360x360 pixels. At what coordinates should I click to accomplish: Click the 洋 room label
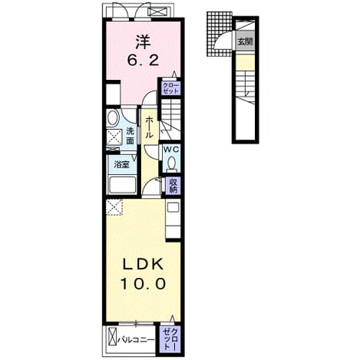pos(143,42)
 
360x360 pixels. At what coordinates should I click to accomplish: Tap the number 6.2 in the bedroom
pos(143,61)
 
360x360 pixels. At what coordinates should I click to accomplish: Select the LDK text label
pos(143,264)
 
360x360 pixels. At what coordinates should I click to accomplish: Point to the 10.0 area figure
pos(143,284)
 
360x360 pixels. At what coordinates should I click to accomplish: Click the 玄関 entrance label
pos(245,41)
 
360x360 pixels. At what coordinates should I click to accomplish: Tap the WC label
pos(171,150)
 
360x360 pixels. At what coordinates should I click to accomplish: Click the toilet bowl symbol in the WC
pos(171,163)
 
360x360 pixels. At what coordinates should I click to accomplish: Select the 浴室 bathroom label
pos(121,165)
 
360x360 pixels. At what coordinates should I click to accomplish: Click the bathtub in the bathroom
pos(122,185)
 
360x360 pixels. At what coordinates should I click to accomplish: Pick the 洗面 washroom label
pos(130,136)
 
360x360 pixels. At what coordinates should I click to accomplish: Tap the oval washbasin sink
pos(113,118)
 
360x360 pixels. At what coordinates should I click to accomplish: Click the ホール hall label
pos(149,127)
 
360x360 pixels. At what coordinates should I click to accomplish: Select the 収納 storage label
pos(172,186)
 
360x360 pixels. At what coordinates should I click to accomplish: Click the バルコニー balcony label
pos(136,340)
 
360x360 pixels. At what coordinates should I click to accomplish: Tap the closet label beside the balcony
pos(170,339)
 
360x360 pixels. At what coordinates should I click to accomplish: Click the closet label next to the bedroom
pos(170,88)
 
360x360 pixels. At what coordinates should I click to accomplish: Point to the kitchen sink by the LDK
pos(173,207)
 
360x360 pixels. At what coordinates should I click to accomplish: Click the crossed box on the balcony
pos(112,337)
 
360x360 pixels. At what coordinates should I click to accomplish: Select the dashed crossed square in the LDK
pos(114,207)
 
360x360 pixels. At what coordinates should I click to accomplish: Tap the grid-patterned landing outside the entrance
pos(219,34)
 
